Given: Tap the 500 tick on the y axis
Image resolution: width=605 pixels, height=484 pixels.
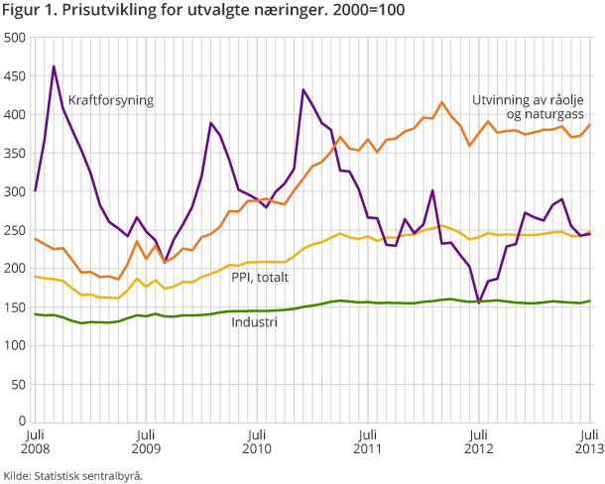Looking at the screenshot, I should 15,38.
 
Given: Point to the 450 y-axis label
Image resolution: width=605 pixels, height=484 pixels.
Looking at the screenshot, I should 15,76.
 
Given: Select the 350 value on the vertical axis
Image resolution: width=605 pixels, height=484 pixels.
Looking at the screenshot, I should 15,154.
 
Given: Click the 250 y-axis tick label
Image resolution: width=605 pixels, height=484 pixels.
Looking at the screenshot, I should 15,230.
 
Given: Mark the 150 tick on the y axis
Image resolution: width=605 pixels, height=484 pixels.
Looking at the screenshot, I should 15,307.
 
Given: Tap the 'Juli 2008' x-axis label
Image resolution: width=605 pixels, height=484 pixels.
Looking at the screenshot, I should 35,441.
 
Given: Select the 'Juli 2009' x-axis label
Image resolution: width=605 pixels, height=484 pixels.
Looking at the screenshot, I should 146,441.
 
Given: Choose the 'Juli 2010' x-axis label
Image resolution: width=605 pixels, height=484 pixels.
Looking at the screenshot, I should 257,441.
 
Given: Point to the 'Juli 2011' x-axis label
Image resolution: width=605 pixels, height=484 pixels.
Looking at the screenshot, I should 368,441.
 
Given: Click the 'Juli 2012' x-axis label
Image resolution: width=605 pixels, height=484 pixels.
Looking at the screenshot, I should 479,441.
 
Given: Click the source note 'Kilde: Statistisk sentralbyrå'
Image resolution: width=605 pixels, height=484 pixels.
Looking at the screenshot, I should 73,475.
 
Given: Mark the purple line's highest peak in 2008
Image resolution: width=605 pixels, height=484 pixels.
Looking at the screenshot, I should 54,66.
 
